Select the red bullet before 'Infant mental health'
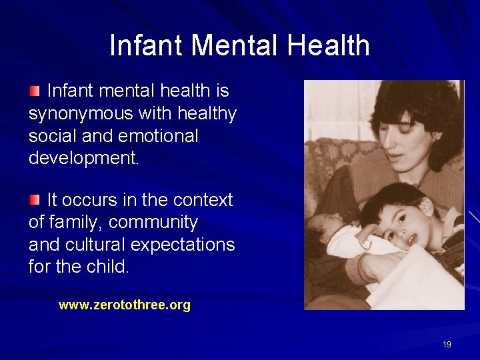(35, 90)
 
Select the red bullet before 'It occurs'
(35, 199)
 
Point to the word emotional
(158, 136)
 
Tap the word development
(83, 159)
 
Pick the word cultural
(95, 245)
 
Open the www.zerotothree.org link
(125, 305)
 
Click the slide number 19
(447, 345)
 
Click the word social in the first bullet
(50, 136)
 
